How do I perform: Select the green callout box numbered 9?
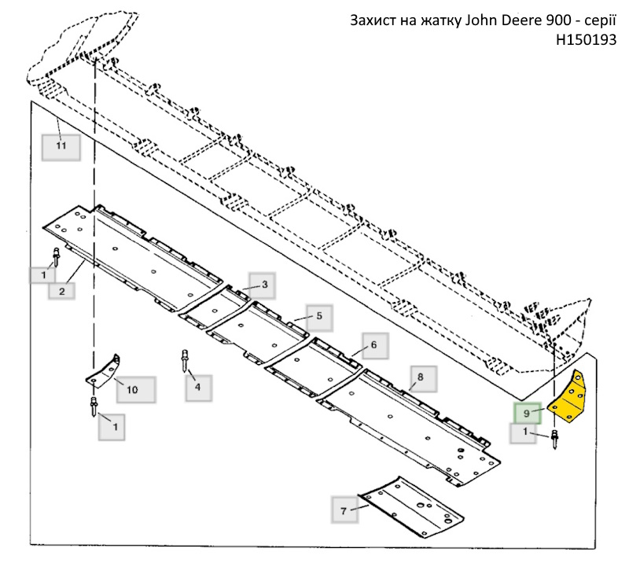pos(528,413)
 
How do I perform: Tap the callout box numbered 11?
pos(61,147)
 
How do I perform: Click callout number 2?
pos(61,291)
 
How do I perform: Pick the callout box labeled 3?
pos(263,285)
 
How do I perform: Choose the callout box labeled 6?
pos(375,345)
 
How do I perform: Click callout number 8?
pos(423,379)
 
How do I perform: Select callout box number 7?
pos(344,510)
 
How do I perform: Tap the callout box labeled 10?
pos(135,389)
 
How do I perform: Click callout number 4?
pos(199,388)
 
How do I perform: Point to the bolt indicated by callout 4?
pos(185,361)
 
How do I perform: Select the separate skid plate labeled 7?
pos(411,506)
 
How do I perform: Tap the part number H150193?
pos(586,39)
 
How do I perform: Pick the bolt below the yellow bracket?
pos(555,439)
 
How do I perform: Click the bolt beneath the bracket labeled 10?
pos(94,406)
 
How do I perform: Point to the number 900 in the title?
pos(558,20)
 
